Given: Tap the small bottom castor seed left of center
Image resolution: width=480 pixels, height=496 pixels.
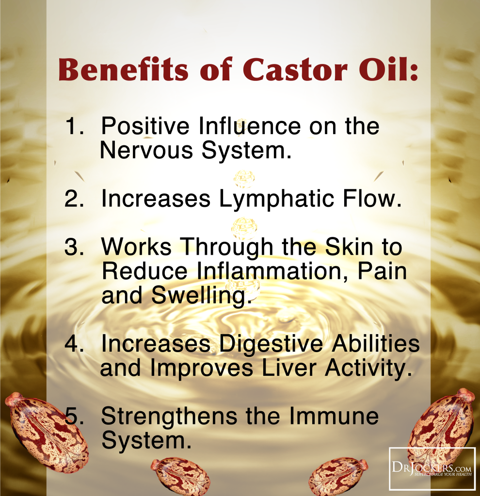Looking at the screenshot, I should point(180,477).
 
